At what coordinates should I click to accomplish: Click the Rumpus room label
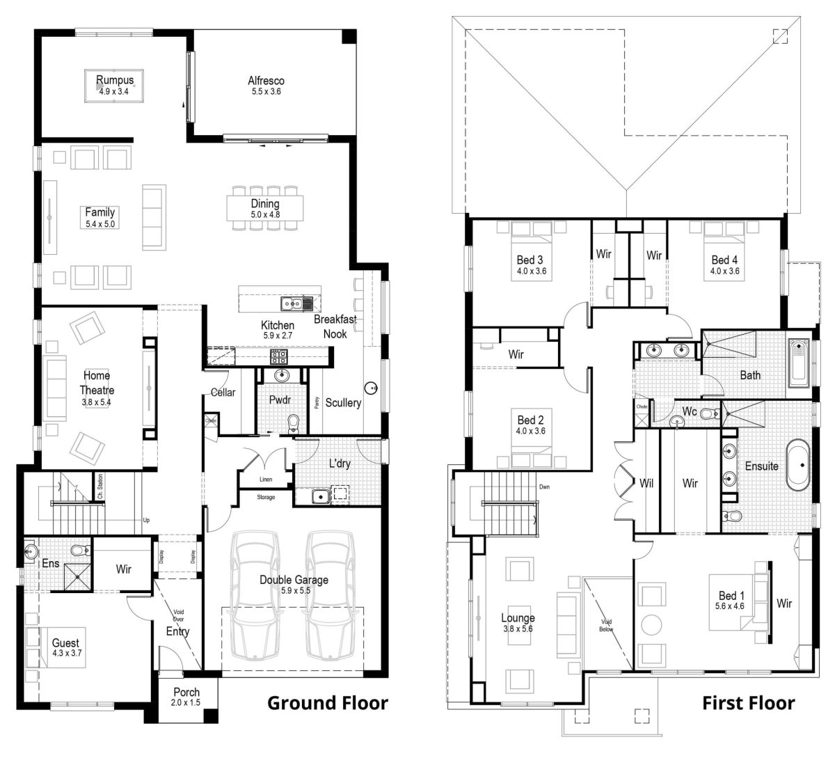[114, 80]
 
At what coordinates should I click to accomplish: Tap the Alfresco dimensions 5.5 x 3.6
[266, 91]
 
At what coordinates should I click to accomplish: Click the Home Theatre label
[97, 383]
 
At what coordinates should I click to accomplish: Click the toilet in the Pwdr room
[293, 422]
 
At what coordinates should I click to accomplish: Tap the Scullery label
[342, 402]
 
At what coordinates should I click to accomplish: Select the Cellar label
[223, 393]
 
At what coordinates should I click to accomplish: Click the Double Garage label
[294, 580]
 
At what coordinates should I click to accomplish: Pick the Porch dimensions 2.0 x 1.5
[186, 702]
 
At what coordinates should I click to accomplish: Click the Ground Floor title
[327, 703]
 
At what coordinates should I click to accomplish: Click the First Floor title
[748, 703]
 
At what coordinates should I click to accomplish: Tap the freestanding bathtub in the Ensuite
[798, 464]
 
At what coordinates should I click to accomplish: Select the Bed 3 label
[530, 260]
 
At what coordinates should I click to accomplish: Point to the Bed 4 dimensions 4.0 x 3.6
[724, 271]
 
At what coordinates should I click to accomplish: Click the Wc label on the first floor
[689, 411]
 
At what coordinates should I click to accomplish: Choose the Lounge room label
[518, 617]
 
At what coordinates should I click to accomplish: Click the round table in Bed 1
[653, 624]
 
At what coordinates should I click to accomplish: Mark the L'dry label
[339, 464]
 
